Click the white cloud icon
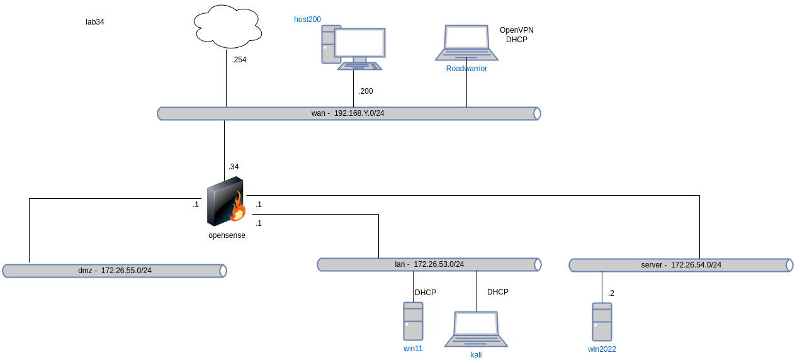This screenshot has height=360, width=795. (x=227, y=26)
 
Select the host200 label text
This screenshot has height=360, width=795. (x=308, y=20)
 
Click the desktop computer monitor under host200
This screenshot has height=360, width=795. (x=359, y=43)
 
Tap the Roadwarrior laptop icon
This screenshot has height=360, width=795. (x=466, y=42)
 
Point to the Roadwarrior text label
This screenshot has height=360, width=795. (x=466, y=69)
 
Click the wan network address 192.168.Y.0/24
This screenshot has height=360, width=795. (x=359, y=113)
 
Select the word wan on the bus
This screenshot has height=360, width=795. (x=318, y=113)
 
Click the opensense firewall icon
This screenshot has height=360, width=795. (x=226, y=201)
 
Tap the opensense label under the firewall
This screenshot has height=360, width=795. (x=227, y=235)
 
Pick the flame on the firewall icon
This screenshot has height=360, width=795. (x=238, y=208)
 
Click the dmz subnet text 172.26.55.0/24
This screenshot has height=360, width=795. (x=126, y=271)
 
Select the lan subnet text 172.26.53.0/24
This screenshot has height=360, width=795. (x=439, y=264)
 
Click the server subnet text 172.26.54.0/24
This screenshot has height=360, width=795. (x=696, y=265)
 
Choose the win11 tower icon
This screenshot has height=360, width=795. (x=413, y=321)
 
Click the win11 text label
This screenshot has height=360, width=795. (x=413, y=348)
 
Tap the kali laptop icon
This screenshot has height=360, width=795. (x=476, y=328)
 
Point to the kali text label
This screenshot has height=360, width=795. (x=476, y=355)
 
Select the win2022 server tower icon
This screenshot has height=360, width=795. (x=602, y=322)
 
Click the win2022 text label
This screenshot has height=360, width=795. (x=602, y=349)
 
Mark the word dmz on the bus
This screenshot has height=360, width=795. (x=85, y=271)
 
